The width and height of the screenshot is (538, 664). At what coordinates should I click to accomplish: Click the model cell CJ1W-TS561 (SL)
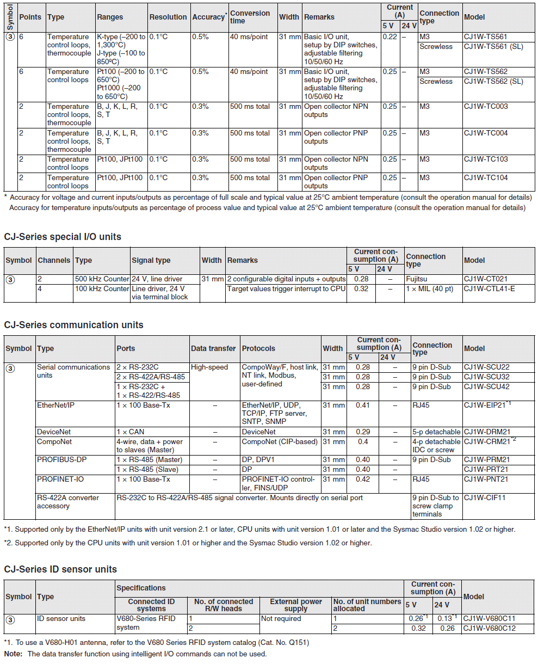point(493,47)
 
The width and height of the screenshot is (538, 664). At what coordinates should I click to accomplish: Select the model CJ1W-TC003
point(486,107)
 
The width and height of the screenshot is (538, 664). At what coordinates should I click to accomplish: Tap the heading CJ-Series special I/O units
point(63,237)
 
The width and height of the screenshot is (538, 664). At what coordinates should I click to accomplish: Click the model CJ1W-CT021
point(485,279)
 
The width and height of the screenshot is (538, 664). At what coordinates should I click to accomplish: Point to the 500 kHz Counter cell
point(102,279)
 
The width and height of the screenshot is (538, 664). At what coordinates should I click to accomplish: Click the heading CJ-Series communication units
point(73,325)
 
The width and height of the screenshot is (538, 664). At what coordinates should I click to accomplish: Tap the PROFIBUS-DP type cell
point(61,460)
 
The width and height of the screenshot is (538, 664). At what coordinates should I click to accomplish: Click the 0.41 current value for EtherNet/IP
point(363,405)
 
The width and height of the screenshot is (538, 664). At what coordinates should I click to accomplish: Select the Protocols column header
point(258,349)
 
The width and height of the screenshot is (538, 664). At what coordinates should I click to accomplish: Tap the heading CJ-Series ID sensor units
point(60,569)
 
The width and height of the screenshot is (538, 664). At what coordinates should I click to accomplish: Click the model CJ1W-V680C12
point(490,629)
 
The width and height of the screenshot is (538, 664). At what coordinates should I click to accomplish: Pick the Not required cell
point(281,619)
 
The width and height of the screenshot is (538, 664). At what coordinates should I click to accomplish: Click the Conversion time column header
point(250,17)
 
